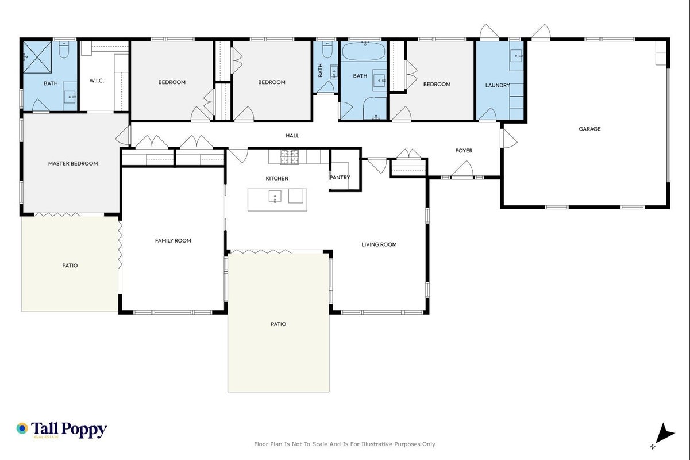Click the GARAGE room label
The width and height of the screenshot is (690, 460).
589,129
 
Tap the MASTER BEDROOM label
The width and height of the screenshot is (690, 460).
73,163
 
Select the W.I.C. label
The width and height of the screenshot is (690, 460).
97,80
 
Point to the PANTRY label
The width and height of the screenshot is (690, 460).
340,177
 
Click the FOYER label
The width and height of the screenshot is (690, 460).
464,151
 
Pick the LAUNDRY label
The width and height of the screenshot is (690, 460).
498,85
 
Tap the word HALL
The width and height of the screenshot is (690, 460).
292,135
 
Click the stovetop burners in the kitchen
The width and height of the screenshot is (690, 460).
289,157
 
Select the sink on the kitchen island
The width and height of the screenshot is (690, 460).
275,197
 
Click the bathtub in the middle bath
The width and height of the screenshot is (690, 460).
364,51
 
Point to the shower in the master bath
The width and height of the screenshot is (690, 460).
37,57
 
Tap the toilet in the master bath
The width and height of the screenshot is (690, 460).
64,49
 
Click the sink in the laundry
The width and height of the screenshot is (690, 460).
516,56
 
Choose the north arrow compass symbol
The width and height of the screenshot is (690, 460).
663,435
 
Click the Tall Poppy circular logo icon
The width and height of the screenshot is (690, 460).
22,428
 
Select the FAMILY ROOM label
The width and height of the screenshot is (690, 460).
173,240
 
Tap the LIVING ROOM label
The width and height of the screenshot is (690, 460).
379,244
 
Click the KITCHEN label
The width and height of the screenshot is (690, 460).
277,178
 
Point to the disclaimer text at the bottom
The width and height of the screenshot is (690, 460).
344,444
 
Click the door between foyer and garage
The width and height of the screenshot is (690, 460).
508,138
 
